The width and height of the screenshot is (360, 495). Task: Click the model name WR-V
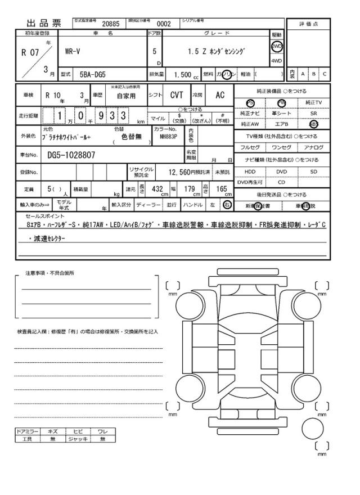pos(73,51)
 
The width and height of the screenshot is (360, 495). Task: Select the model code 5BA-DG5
pos(92,74)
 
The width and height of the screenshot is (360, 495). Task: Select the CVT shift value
pos(177,96)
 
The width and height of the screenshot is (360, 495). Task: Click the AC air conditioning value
pos(219,96)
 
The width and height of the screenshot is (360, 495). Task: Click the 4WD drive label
pos(277,60)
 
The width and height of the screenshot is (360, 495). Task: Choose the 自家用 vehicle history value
pos(127,96)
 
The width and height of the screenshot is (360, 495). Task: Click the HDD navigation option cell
pos(249,172)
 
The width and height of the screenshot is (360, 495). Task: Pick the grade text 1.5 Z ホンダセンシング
pos(217,51)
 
